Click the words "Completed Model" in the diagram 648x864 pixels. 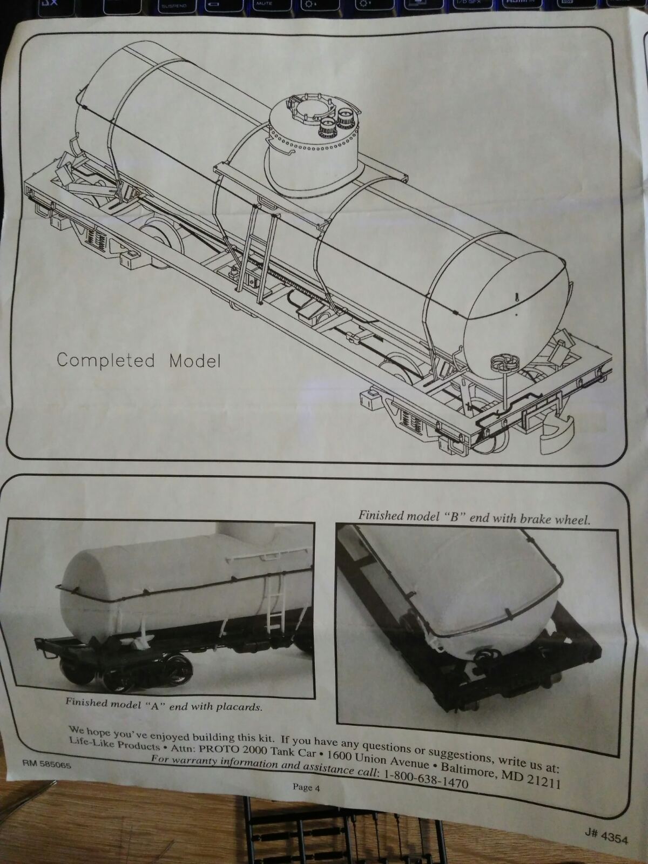coord(138,361)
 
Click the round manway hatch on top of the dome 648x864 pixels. coord(311,109)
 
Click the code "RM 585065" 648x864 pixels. coord(47,765)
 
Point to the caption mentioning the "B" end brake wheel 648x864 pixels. coord(474,517)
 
